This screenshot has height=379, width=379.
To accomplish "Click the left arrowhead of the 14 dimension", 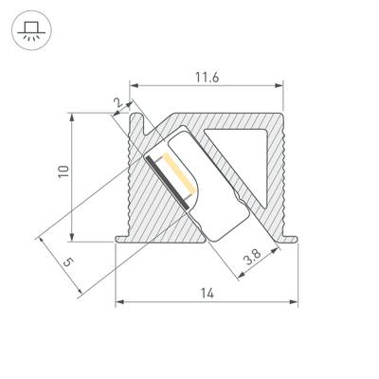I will point(118,303).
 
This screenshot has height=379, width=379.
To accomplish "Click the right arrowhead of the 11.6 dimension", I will point(281,85).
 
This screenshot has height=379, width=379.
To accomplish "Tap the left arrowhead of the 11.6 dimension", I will point(133,85).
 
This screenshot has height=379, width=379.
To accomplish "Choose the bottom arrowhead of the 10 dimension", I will point(73,237).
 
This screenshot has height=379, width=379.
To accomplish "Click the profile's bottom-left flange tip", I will point(115,240).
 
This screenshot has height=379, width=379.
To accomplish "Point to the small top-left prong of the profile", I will point(141,118).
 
